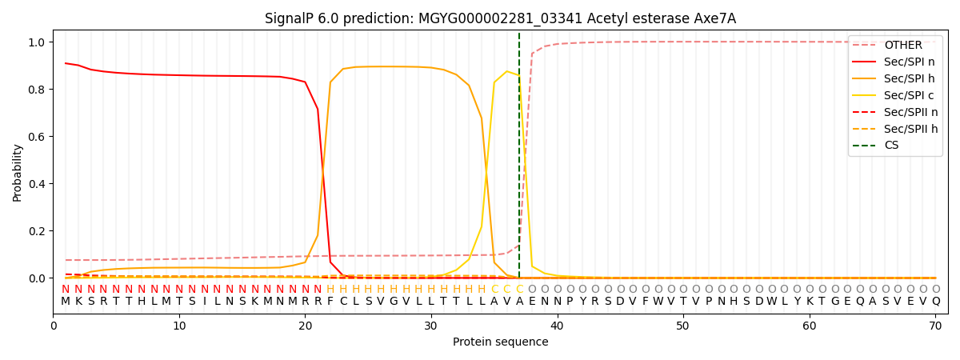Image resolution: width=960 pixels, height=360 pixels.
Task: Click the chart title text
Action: click(500, 18)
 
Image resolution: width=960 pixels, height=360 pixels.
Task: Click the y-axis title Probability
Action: click(18, 172)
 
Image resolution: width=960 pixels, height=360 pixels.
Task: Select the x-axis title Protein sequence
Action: click(500, 342)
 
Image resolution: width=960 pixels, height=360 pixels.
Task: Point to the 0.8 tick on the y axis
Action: click(38, 90)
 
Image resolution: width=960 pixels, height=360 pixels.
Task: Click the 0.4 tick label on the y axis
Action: click(38, 184)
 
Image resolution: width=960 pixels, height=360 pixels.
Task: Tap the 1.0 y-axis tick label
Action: click(38, 42)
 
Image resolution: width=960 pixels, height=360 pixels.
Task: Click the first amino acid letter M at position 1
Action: click(66, 302)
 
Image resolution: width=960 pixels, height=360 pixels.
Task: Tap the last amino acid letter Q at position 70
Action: click(935, 302)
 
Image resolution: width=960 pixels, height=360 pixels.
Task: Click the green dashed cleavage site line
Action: click(519, 160)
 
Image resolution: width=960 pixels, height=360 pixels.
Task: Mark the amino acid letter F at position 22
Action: click(330, 302)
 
